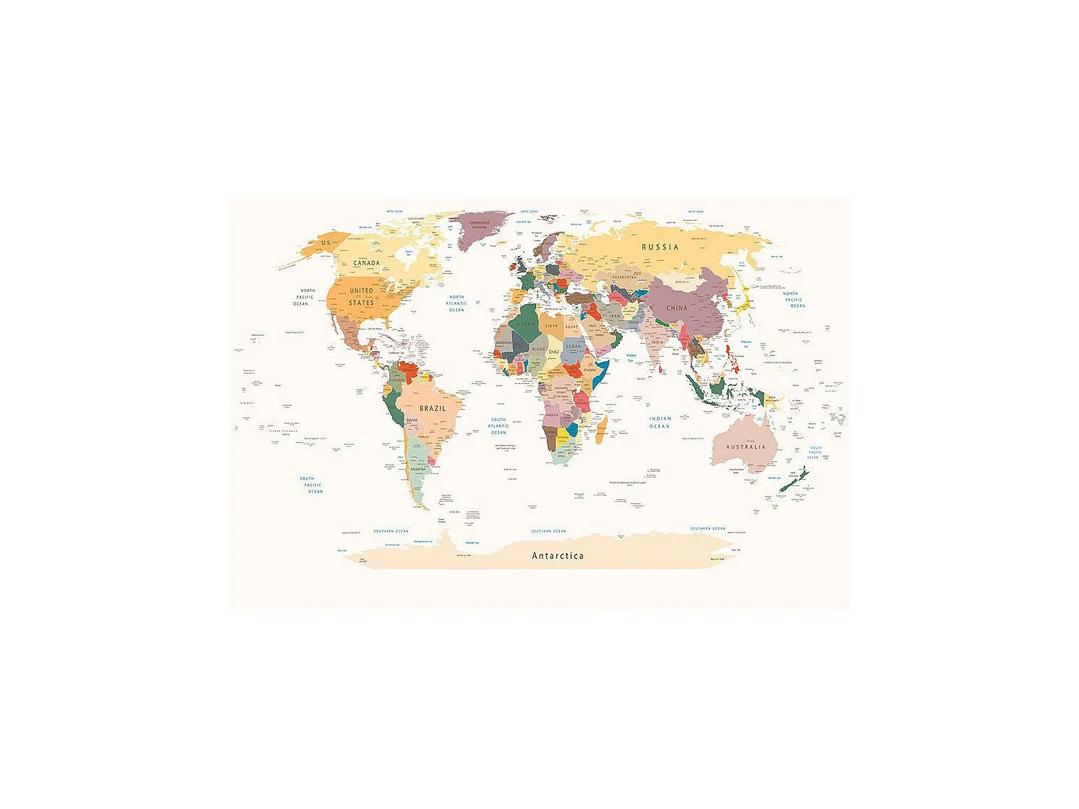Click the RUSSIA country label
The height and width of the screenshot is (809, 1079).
coord(660,247)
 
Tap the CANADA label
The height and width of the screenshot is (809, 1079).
coord(366,263)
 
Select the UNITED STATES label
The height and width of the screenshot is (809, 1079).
coord(361,297)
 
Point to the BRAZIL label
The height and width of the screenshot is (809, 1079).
coord(432,408)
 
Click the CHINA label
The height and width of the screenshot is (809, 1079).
coord(676,308)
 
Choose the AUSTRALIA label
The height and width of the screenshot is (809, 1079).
coord(746,447)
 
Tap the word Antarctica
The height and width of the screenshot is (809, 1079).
coord(557,556)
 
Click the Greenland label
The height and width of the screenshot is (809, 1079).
coord(479,224)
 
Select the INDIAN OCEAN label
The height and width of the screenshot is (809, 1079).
coord(660,422)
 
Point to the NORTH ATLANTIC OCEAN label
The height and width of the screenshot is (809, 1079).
coord(457,303)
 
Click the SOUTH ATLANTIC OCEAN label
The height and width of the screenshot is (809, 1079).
coord(498,426)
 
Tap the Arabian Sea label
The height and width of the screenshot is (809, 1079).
coord(631,357)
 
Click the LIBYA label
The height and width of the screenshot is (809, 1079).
coord(551,326)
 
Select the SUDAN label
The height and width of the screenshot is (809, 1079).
coord(573,346)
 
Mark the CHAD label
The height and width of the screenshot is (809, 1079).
coord(553,352)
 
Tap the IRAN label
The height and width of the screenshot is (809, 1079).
coord(615,316)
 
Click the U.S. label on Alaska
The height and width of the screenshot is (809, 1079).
coord(326,243)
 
